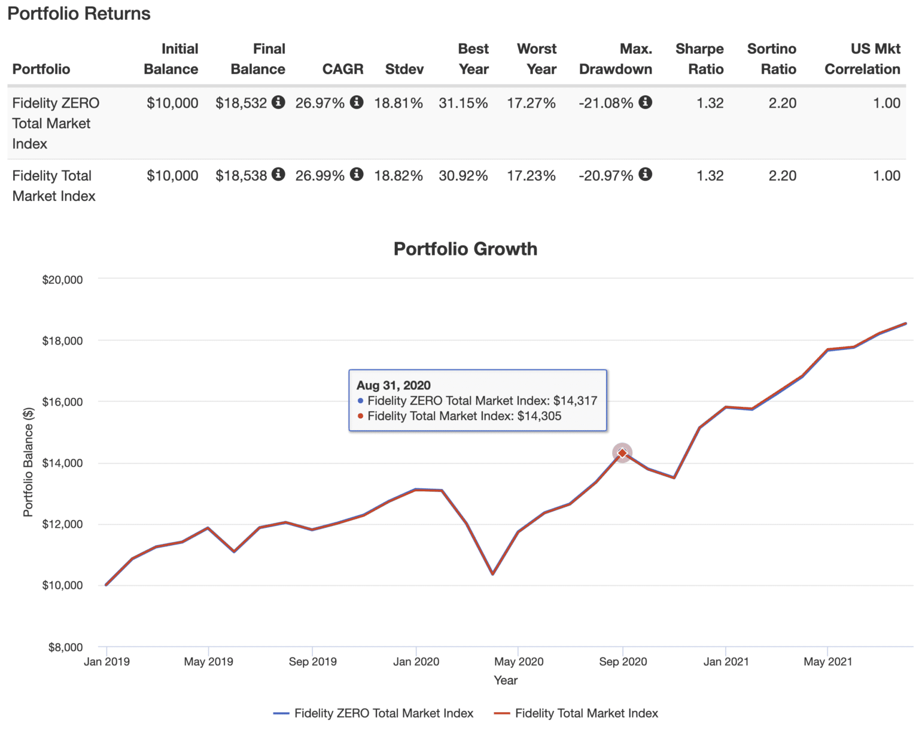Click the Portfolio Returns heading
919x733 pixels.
78,14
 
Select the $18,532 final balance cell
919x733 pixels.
241,103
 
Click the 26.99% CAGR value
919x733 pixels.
319,175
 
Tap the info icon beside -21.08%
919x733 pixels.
645,102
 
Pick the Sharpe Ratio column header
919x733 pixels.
699,59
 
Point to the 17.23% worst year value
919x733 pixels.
531,175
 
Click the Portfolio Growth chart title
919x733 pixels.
465,249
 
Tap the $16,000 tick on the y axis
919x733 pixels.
62,402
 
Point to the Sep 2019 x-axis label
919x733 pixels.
312,661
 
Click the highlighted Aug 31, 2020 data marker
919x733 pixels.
622,453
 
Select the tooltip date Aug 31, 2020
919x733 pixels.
393,385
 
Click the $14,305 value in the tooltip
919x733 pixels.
539,416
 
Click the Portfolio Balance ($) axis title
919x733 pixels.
28,462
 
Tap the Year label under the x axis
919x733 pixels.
506,680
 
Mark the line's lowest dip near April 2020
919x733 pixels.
492,574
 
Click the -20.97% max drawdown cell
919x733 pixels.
605,175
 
